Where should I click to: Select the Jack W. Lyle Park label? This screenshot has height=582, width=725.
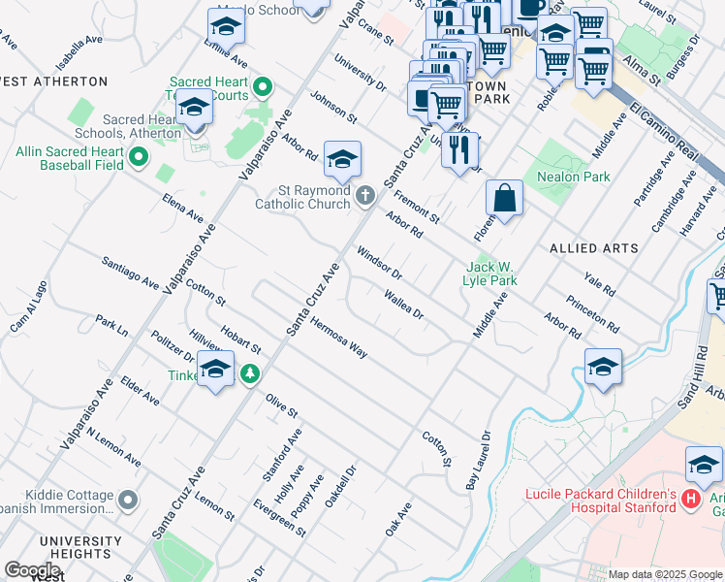(x=491, y=274)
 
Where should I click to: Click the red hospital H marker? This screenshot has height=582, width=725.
(x=691, y=500)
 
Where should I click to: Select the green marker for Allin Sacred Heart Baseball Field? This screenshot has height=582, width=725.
(x=139, y=157)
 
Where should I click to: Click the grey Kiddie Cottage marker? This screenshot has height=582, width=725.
(x=129, y=500)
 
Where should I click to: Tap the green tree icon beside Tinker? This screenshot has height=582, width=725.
(x=250, y=373)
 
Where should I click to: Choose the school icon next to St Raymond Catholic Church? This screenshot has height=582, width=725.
(x=342, y=160)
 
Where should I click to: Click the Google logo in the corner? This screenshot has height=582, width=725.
(x=33, y=570)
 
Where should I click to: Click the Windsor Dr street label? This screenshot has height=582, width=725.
(x=379, y=263)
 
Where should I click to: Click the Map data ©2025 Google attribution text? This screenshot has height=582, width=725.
(x=665, y=574)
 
